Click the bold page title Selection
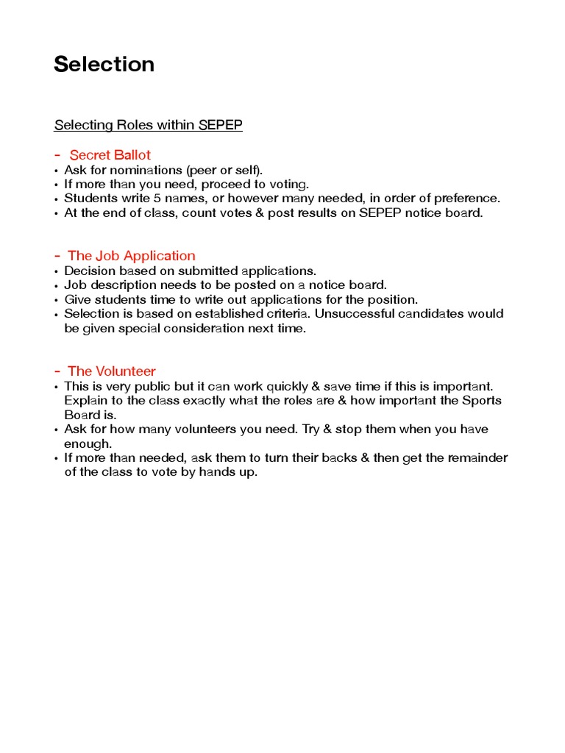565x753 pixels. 104,65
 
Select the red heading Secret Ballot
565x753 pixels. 110,154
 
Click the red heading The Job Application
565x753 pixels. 131,255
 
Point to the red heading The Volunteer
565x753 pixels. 111,371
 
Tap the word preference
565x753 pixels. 467,199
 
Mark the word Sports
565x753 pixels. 483,401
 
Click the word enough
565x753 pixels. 88,443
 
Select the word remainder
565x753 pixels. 479,458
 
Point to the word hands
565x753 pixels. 209,472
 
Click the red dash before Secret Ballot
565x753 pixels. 57,154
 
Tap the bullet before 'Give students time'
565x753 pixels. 57,300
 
